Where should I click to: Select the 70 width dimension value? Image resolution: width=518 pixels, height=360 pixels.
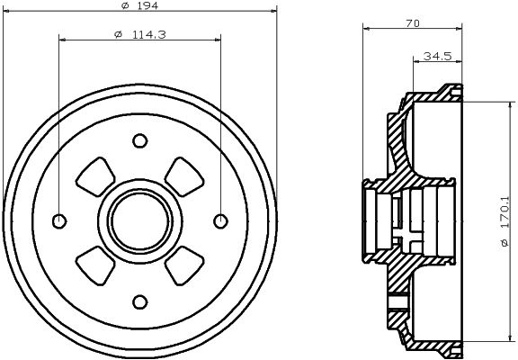(x=414, y=24)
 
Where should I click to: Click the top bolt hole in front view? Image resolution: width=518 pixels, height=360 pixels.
(x=139, y=140)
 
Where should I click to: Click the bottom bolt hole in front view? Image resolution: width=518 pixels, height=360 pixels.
(x=139, y=301)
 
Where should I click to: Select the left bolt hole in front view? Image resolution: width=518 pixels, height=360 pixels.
(x=59, y=220)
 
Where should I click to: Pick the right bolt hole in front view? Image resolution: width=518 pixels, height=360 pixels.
(x=219, y=220)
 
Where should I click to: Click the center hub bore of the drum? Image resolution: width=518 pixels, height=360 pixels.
(x=139, y=220)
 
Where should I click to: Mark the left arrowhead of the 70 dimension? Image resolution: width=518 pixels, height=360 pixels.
(x=366, y=29)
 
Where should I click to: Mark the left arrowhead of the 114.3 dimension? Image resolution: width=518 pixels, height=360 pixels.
(x=62, y=38)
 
